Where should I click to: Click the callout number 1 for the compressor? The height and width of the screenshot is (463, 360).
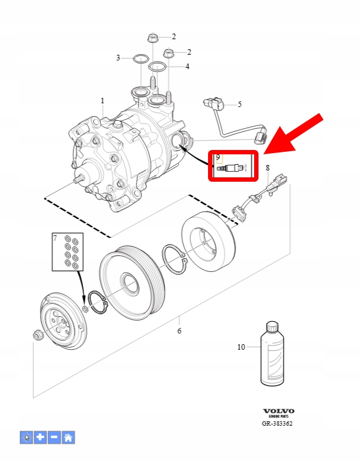(x=103, y=101)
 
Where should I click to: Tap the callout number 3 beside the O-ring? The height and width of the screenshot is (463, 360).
(x=118, y=58)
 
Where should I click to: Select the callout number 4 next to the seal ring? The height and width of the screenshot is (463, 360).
(x=187, y=67)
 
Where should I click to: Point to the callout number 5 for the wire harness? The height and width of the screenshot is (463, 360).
(x=239, y=104)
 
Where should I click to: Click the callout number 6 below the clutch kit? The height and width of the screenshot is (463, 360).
(x=179, y=330)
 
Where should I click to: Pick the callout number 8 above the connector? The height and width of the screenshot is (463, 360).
(x=267, y=168)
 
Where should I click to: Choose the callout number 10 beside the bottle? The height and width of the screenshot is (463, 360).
(x=241, y=347)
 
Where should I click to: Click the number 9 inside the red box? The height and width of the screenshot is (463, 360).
(x=218, y=157)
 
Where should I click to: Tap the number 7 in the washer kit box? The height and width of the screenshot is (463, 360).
(x=55, y=238)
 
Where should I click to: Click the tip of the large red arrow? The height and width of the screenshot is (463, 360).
(x=263, y=154)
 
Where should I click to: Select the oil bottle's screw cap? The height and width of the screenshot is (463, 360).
(x=272, y=326)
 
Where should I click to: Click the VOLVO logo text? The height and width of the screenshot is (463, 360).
(x=278, y=411)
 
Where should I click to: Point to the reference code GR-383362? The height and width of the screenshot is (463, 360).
(x=277, y=423)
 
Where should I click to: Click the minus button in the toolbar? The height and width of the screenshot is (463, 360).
(x=54, y=437)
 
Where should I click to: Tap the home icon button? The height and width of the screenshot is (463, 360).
(x=68, y=437)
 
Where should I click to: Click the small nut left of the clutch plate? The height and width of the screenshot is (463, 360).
(x=37, y=335)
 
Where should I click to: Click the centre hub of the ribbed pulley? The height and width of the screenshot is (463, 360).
(x=129, y=284)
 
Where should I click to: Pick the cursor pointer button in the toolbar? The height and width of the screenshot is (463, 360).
(x=27, y=437)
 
